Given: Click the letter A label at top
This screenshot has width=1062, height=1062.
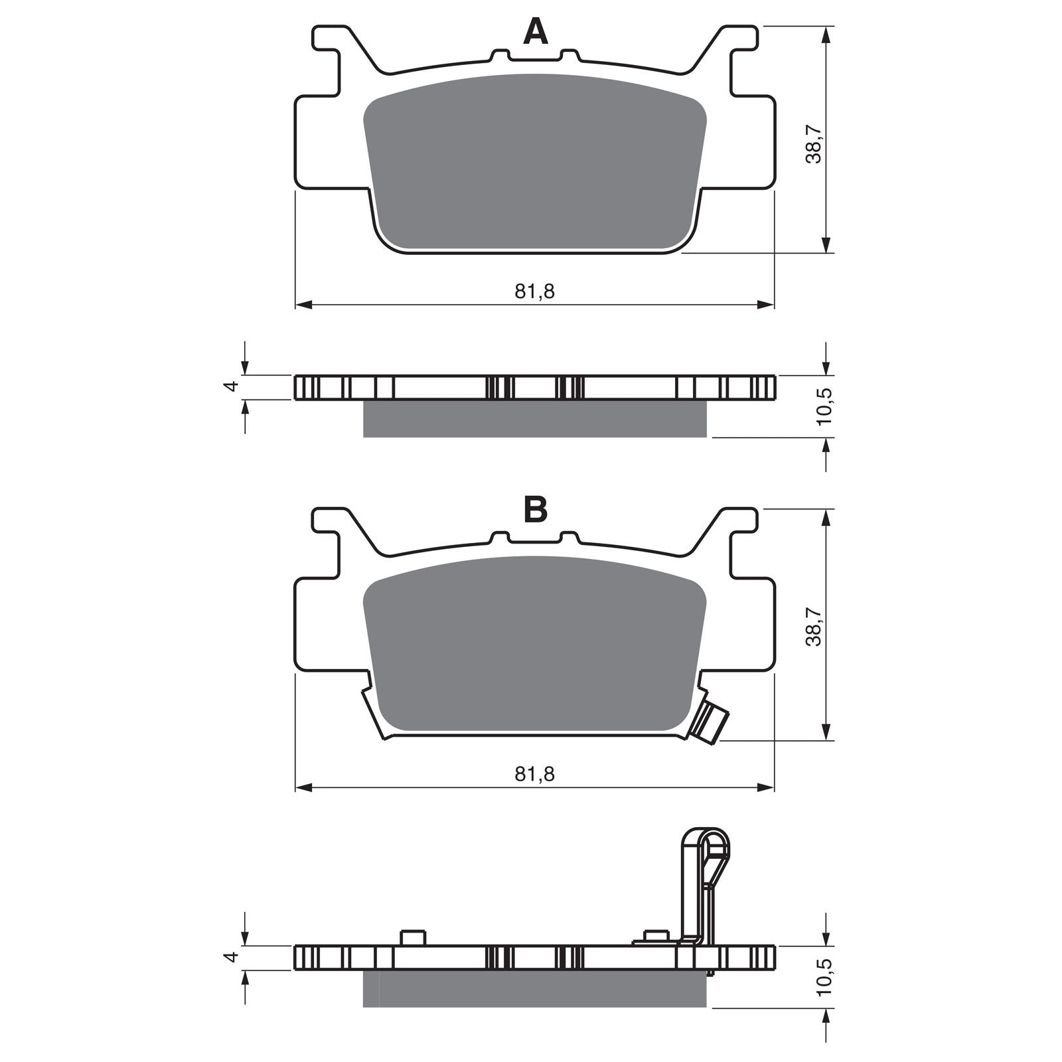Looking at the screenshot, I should (x=536, y=31).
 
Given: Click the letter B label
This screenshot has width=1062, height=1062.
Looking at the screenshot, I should (x=536, y=510).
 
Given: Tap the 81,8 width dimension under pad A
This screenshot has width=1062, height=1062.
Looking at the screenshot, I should (x=534, y=291).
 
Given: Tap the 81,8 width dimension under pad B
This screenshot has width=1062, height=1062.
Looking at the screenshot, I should (x=534, y=773).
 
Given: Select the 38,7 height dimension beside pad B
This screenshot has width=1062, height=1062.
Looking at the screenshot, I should (x=814, y=627).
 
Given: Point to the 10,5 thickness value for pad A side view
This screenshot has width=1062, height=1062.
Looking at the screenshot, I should (x=825, y=406).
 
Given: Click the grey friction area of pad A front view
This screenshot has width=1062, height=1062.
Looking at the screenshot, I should (x=534, y=163).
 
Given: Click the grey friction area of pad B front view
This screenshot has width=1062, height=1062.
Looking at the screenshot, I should (x=534, y=644).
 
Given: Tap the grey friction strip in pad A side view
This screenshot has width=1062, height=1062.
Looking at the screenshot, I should (x=534, y=419).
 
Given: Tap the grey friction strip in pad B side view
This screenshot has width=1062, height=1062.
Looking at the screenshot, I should (x=534, y=989).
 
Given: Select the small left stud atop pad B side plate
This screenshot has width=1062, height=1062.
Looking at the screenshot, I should (x=412, y=937).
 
